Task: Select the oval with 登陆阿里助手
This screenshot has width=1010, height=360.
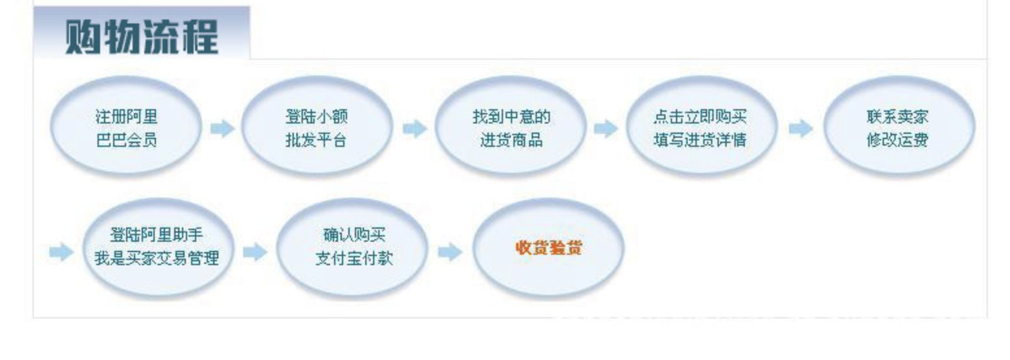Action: tap(158, 248)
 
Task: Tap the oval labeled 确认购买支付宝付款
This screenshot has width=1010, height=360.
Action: tap(352, 248)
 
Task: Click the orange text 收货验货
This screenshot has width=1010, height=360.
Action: tap(549, 248)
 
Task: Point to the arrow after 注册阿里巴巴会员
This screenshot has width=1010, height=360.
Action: tap(222, 129)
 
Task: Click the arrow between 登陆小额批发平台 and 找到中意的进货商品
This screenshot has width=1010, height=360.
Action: tap(415, 129)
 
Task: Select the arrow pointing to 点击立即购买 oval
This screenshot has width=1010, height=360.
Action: tap(606, 129)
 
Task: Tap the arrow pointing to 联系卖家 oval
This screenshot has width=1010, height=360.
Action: tap(801, 129)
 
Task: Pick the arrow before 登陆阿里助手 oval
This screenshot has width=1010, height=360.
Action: tap(61, 251)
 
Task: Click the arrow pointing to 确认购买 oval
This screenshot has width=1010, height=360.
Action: tap(255, 251)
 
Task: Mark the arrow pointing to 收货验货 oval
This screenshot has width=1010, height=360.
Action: tap(450, 251)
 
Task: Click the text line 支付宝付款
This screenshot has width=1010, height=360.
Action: tap(354, 258)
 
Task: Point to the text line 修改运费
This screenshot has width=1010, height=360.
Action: tap(898, 140)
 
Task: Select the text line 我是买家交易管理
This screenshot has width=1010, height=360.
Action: tap(157, 258)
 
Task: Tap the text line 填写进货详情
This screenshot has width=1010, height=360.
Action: tap(700, 140)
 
